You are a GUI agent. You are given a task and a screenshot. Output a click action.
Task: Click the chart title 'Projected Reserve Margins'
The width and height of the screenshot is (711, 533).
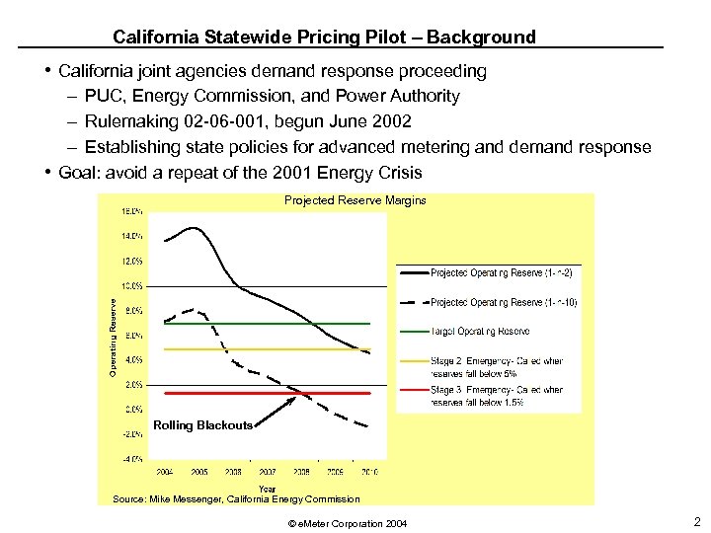pyautogui.click(x=355, y=200)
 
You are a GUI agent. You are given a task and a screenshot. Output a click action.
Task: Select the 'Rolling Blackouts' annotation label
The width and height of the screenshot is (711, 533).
pyautogui.click(x=202, y=425)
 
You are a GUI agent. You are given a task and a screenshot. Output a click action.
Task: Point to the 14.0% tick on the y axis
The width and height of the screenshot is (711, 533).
pyautogui.click(x=130, y=237)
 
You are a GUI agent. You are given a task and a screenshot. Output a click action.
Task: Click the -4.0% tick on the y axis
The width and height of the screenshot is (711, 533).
pyautogui.click(x=130, y=459)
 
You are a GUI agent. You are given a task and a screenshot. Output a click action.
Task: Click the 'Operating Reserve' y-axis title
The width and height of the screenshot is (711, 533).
pyautogui.click(x=113, y=337)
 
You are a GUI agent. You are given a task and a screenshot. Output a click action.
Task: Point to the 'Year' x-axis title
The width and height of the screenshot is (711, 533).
pyautogui.click(x=268, y=488)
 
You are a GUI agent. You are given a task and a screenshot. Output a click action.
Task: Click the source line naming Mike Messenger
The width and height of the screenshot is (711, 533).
pyautogui.click(x=236, y=499)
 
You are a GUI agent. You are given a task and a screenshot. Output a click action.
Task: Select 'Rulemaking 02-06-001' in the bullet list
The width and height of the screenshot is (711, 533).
pyautogui.click(x=163, y=121)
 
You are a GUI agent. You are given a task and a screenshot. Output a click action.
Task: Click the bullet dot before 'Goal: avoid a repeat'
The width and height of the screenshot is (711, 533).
pyautogui.click(x=48, y=172)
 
